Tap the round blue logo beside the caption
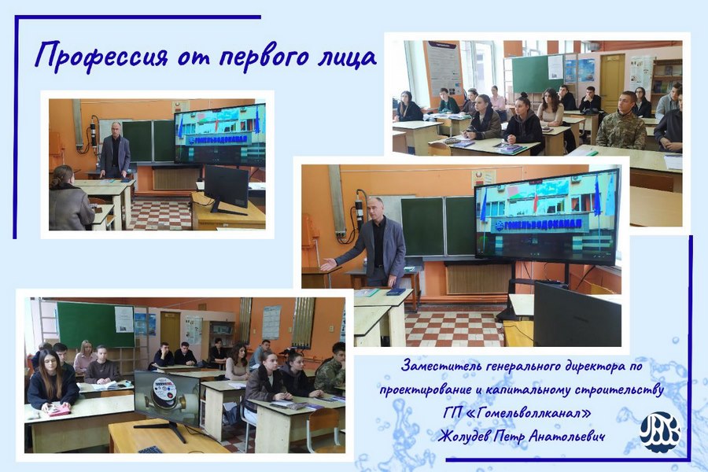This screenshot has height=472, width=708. coord(660,432)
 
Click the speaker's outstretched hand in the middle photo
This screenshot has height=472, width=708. coord(329,264)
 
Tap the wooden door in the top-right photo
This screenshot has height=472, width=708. coord(612,83)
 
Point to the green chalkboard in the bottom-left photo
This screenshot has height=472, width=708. coord(96,324)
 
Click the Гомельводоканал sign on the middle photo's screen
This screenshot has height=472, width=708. coord(537,224)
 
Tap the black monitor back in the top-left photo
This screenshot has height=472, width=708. coord(226,187)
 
